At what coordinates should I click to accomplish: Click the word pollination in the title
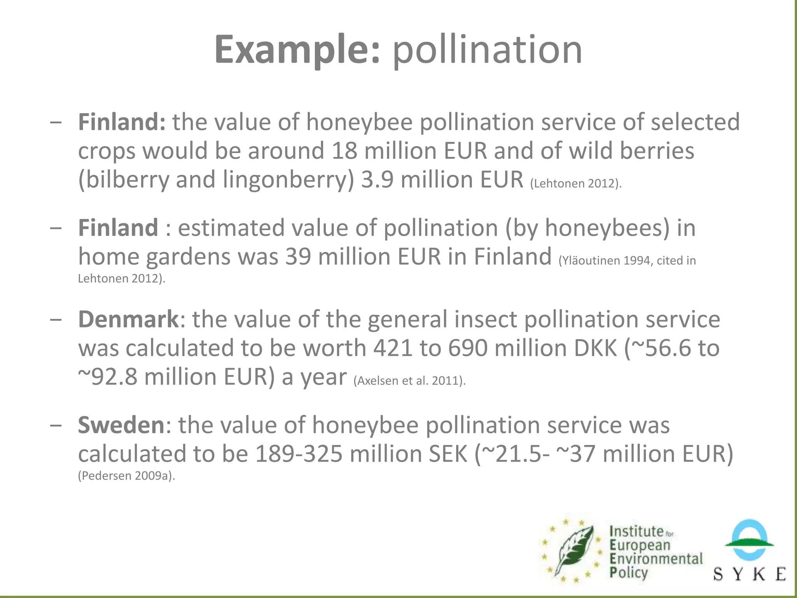[487, 50]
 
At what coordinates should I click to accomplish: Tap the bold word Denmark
[128, 320]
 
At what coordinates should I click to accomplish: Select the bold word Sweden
[121, 425]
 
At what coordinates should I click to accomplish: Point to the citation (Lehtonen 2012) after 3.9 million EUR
[576, 183]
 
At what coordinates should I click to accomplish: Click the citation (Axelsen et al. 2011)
[409, 380]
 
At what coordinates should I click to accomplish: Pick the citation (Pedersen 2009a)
[126, 476]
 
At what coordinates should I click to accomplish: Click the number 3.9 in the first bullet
[377, 180]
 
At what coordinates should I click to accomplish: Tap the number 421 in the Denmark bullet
[393, 348]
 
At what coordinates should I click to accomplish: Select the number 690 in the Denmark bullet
[468, 348]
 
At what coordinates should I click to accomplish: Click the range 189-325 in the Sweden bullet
[298, 454]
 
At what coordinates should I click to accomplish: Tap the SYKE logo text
[749, 574]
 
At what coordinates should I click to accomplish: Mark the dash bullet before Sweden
[56, 425]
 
